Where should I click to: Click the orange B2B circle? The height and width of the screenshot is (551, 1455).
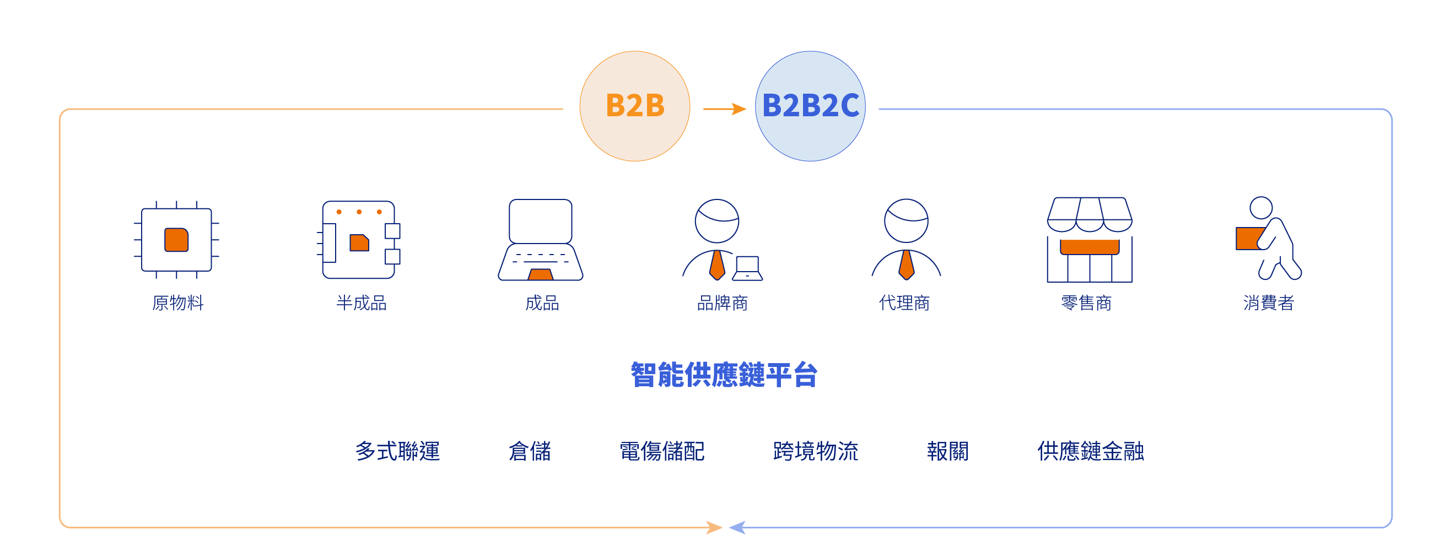pos(634,106)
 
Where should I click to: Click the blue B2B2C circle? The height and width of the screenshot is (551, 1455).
pos(810,106)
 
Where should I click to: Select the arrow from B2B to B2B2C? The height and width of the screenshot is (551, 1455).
pos(725,109)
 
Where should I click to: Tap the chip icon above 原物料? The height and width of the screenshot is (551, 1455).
pos(176,240)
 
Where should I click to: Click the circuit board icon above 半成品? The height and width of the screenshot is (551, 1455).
pos(359,240)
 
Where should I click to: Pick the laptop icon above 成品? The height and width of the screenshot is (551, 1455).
pos(541,240)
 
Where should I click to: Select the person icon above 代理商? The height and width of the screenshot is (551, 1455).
pos(906,240)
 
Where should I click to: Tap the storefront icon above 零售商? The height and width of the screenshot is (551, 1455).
pos(1090,240)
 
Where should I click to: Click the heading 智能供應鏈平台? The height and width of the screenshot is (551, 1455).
pos(724,375)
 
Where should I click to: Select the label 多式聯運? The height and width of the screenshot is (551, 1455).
pos(397,451)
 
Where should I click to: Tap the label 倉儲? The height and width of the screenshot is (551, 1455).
pos(529,451)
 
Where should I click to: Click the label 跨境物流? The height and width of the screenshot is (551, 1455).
pos(815,451)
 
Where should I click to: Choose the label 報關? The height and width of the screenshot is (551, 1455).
pos(947,451)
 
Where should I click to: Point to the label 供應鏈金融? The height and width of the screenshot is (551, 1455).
pos(1090,451)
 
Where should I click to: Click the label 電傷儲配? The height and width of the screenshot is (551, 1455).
pos(661,451)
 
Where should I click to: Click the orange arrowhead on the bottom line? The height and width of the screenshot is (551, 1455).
pos(714,528)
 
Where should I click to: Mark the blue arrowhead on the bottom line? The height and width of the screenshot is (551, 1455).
pos(737,528)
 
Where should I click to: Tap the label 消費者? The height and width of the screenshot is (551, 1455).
pos(1268,303)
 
